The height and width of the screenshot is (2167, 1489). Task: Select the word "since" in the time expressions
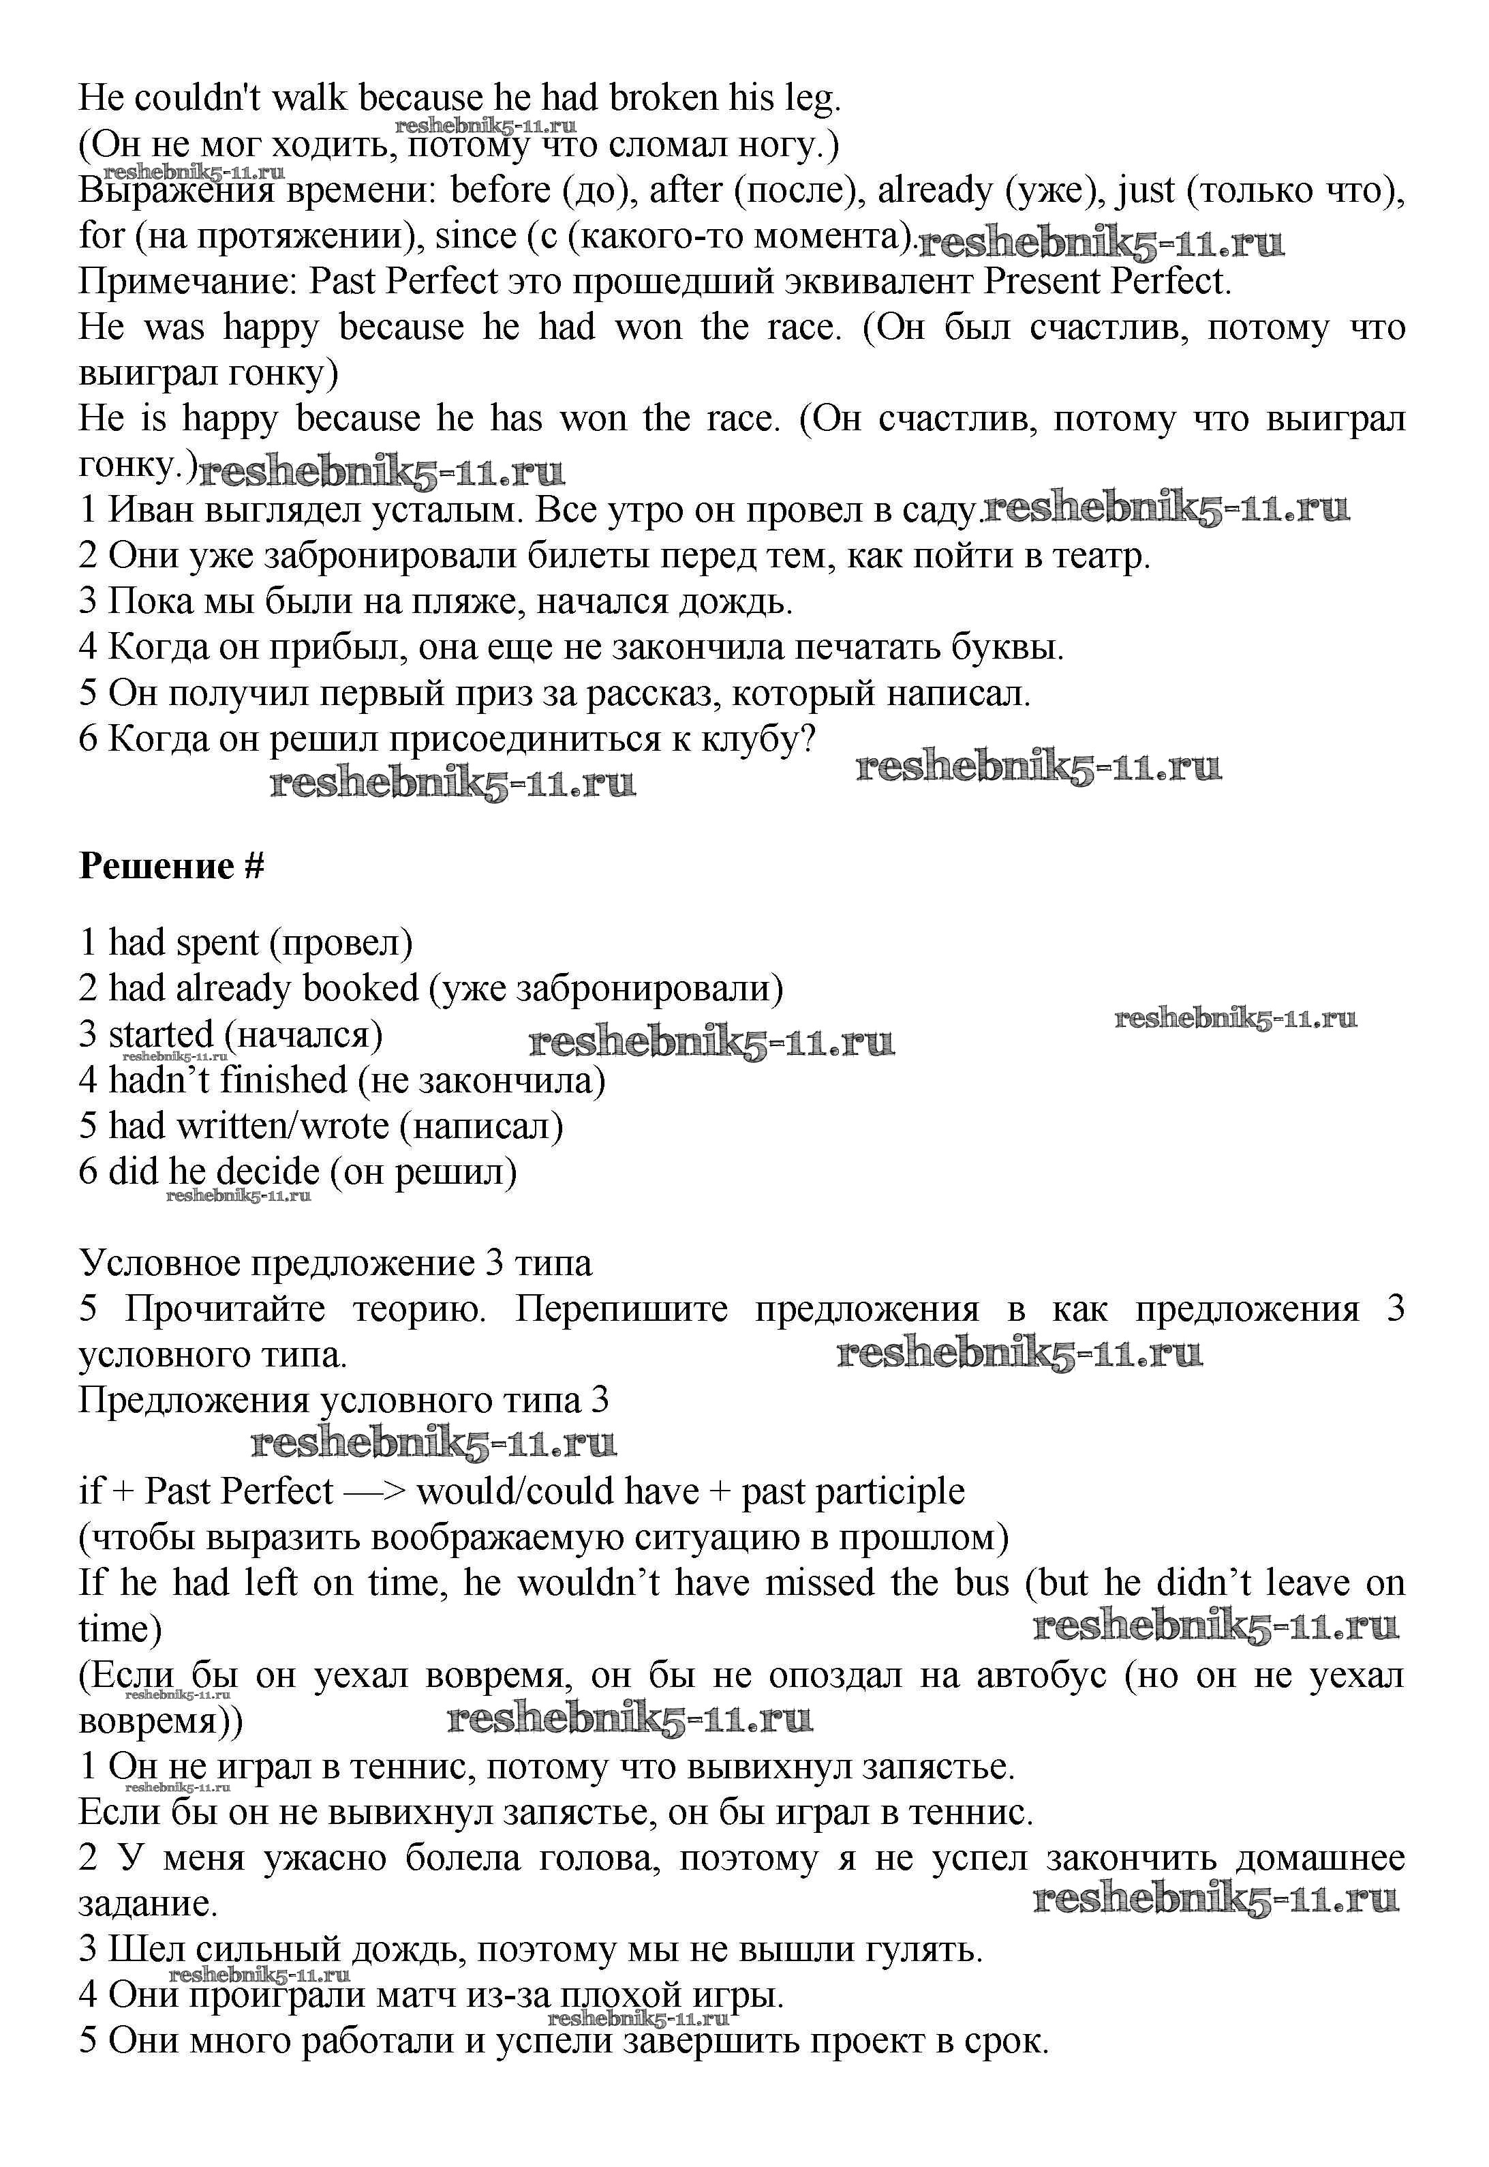point(476,236)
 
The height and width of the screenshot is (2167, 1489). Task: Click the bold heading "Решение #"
point(172,866)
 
